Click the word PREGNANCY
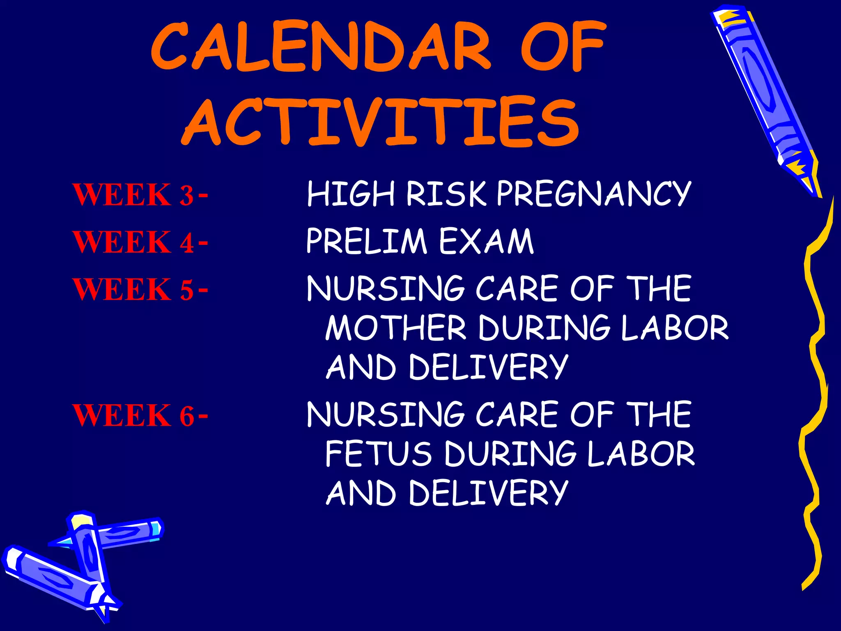point(593,193)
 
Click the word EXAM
point(486,241)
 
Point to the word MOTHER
point(396,327)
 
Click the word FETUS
point(378,454)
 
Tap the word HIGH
point(351,193)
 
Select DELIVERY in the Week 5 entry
point(488,367)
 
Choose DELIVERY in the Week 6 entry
point(488,493)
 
